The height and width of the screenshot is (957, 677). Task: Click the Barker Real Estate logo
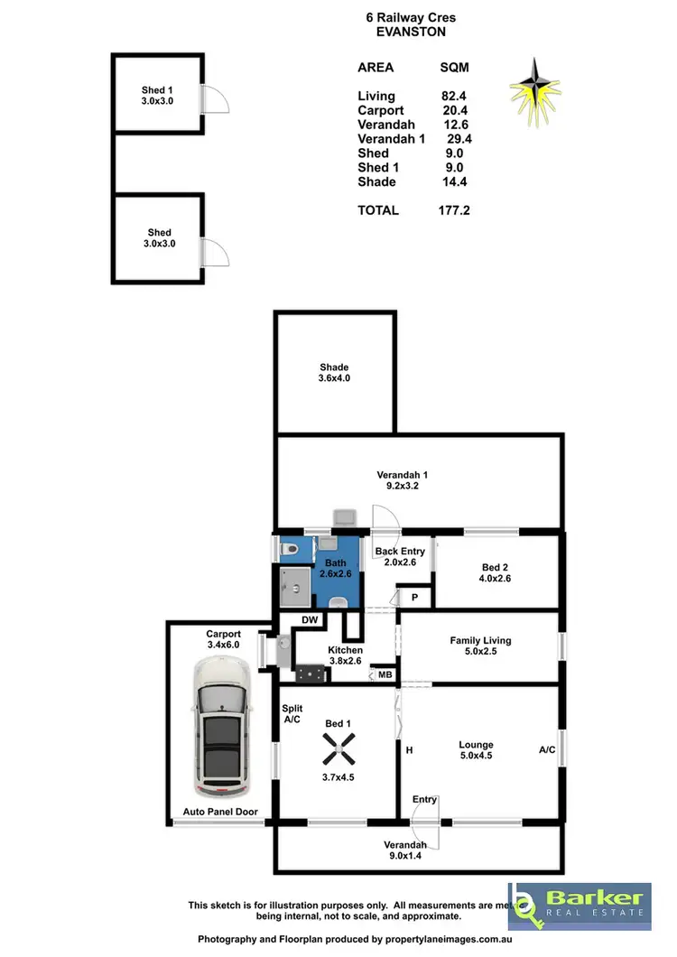(579, 906)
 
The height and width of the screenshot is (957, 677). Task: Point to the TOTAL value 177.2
(454, 210)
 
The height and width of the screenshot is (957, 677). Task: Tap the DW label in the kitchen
(310, 620)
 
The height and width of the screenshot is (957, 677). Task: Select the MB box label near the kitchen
(385, 674)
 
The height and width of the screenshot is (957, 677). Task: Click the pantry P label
(416, 598)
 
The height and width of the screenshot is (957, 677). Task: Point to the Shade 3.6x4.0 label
(333, 373)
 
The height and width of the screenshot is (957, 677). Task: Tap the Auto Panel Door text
(220, 812)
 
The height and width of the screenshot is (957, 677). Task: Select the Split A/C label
(292, 714)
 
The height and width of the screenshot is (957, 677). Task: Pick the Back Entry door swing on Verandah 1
(384, 518)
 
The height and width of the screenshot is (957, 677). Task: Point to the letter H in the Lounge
(409, 750)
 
